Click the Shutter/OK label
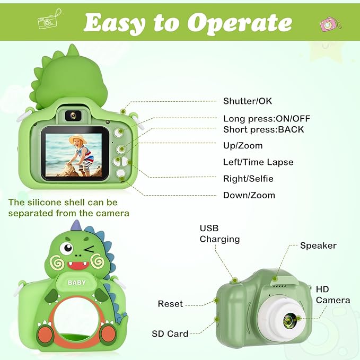click(x=248, y=101)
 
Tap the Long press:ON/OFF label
click(x=267, y=119)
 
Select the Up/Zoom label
click(x=242, y=145)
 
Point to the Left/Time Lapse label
click(x=258, y=162)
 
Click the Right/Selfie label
click(x=248, y=179)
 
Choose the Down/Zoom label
click(x=249, y=195)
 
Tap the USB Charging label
click(x=219, y=234)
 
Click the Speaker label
click(x=318, y=245)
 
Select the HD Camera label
click(x=332, y=295)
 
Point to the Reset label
click(x=170, y=304)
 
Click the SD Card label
click(x=170, y=333)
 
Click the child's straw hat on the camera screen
click(x=77, y=140)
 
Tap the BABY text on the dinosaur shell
click(x=77, y=283)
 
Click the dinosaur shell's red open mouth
click(x=78, y=265)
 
